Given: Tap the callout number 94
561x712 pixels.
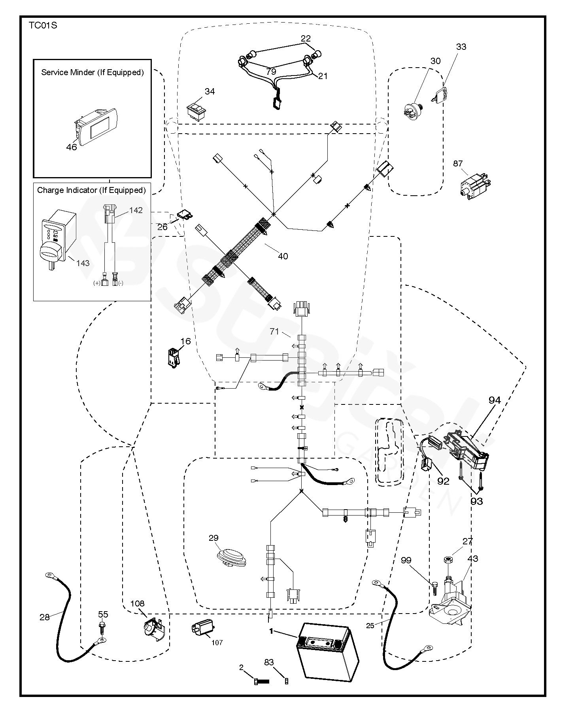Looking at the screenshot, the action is click(494, 400).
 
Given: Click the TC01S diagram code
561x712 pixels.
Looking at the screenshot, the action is click(42, 26).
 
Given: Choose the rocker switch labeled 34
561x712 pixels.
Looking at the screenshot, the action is click(196, 109).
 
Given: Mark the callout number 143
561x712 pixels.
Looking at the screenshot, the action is click(83, 263).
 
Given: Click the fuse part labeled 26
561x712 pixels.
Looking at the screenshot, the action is click(186, 215).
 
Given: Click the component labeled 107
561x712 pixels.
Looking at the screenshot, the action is click(203, 627).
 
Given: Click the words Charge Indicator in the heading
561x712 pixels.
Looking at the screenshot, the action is click(66, 190).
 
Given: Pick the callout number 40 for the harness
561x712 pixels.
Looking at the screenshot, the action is click(283, 256).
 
